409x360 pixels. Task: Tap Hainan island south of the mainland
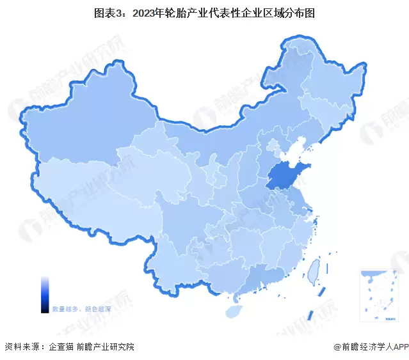pyautogui.click(x=236, y=311)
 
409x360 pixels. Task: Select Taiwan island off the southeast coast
pyautogui.click(x=313, y=272)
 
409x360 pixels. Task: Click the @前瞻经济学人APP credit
pyautogui.click(x=370, y=347)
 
